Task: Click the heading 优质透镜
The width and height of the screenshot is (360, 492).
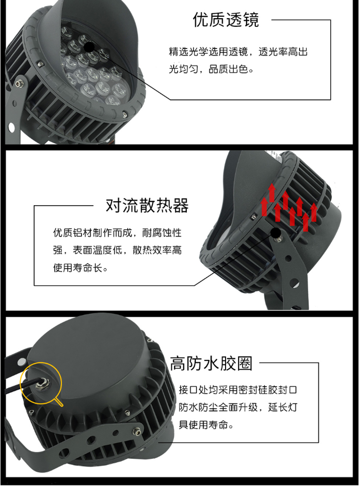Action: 226,20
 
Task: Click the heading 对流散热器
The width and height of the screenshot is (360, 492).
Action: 147,206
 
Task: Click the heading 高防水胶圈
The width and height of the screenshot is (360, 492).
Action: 211,364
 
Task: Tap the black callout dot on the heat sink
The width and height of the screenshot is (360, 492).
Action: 276,233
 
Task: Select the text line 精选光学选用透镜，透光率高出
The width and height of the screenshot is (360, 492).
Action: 238,52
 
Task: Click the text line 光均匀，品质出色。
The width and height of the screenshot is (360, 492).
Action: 211,69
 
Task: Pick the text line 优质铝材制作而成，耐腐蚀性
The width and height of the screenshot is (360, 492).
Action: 117,233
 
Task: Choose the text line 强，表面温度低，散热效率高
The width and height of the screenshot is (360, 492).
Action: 117,250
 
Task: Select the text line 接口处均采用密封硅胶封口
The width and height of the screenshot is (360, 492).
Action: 238,390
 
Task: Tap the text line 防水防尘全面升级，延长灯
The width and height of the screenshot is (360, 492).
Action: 238,407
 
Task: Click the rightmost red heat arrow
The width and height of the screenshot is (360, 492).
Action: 313,212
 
